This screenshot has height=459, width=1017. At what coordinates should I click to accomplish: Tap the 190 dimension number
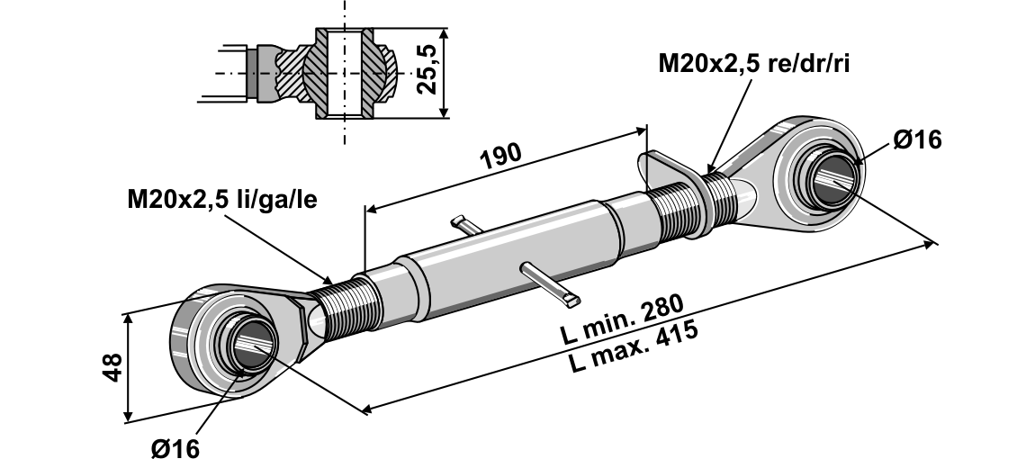tap(500, 155)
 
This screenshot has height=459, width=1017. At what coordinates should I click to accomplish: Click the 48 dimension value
tap(111, 366)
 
